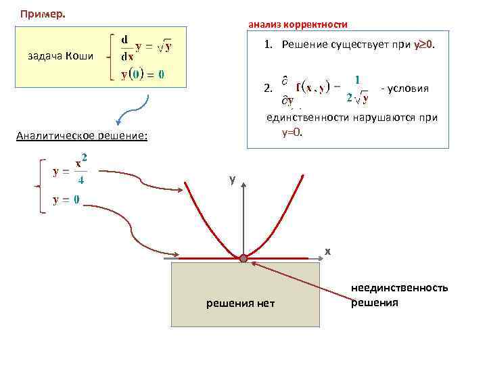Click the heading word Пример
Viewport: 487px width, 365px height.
[x=43, y=14]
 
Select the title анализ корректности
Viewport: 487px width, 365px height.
[x=298, y=24]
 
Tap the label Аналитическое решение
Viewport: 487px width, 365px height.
[x=81, y=136]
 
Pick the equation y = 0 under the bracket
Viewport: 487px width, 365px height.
[x=66, y=199]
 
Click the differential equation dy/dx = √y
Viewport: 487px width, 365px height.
[x=146, y=47]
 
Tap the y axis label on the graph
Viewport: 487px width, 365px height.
[x=232, y=180]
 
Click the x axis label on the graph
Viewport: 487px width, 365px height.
[x=327, y=251]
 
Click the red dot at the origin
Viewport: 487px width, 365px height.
[x=243, y=258]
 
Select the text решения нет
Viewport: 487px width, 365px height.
[x=241, y=303]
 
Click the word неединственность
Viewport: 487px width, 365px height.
[x=399, y=289]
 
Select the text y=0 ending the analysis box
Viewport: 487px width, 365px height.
[x=292, y=131]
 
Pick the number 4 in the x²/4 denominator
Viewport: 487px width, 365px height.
[x=81, y=180]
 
